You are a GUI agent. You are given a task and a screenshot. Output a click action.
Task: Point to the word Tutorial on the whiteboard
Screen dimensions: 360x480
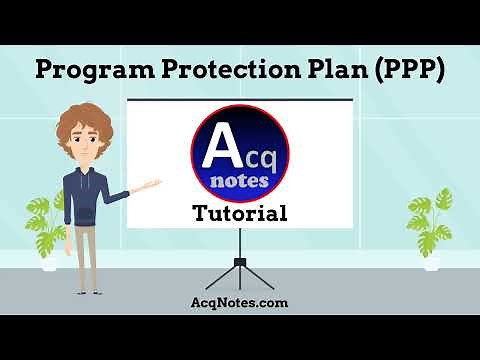[x=240, y=213]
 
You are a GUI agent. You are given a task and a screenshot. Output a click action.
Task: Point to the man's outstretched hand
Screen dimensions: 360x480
[x=153, y=185]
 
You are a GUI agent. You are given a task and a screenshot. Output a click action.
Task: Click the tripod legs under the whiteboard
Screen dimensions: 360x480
[x=240, y=272]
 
